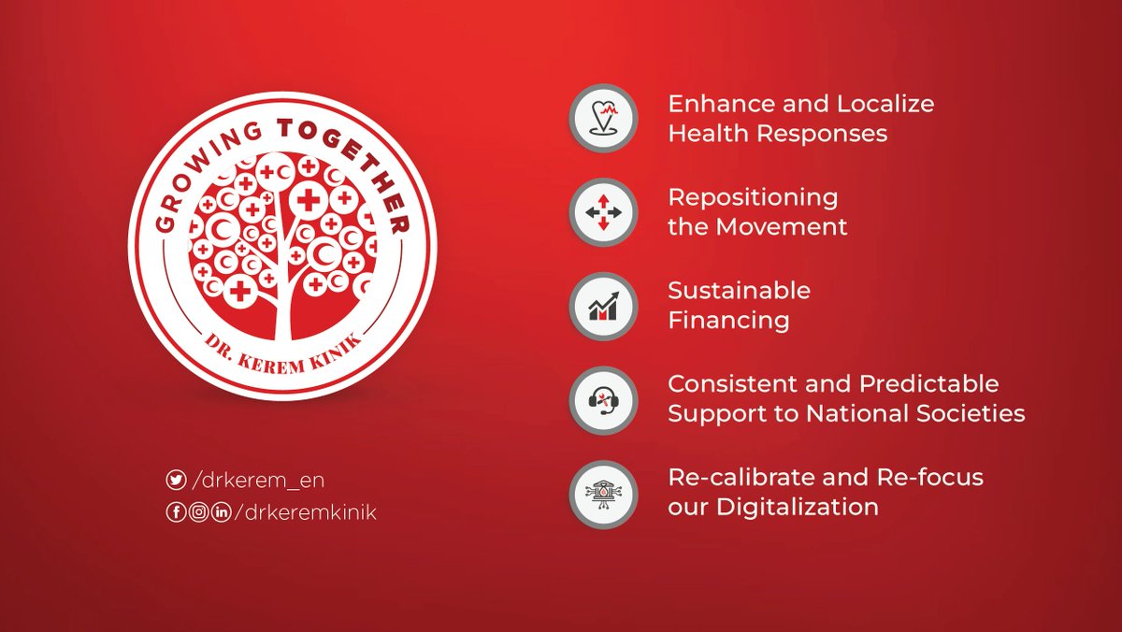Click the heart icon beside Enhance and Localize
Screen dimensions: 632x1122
pyautogui.click(x=603, y=119)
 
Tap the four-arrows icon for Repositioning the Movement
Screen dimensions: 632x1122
pyautogui.click(x=603, y=212)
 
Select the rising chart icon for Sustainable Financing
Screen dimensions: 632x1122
pyautogui.click(x=603, y=306)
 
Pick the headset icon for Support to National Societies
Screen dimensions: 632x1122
pyautogui.click(x=603, y=399)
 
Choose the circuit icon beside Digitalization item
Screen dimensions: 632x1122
pyautogui.click(x=603, y=493)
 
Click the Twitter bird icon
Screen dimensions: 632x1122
pyautogui.click(x=176, y=480)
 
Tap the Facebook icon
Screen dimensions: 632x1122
pyautogui.click(x=176, y=511)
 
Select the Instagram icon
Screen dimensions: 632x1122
pyautogui.click(x=198, y=511)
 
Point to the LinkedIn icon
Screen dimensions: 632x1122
pyautogui.click(x=221, y=511)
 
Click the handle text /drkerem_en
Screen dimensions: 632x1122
pyautogui.click(x=257, y=480)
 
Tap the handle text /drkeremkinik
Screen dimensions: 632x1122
pyautogui.click(x=304, y=511)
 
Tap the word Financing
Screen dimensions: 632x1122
pyautogui.click(x=728, y=321)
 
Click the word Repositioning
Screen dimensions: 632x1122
pyautogui.click(x=753, y=198)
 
